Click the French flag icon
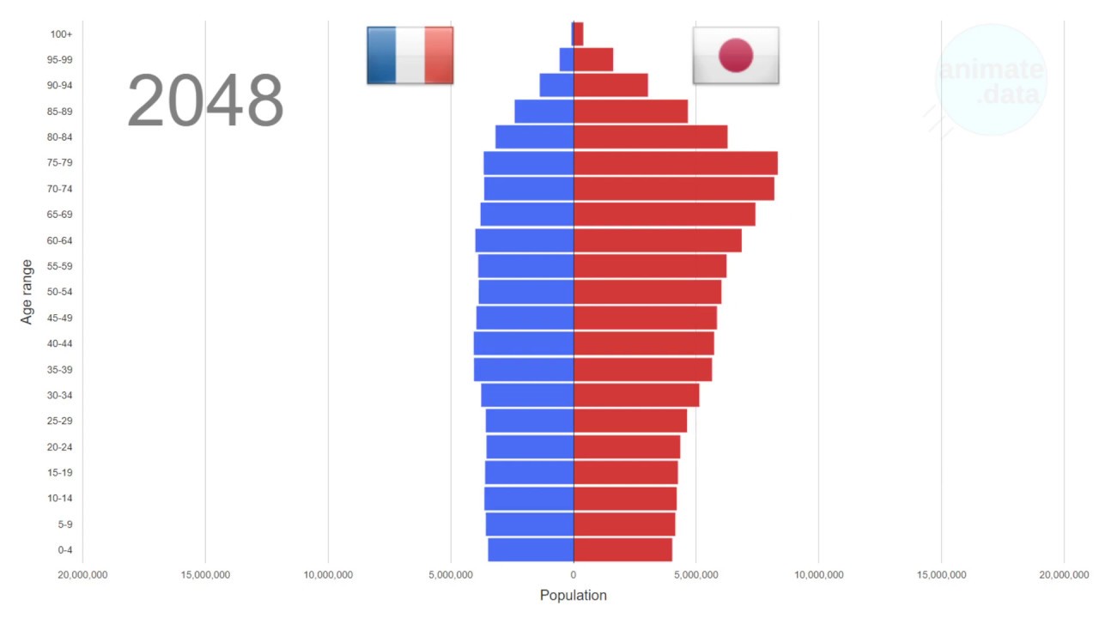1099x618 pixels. [x=410, y=55]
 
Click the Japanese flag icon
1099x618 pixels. [x=736, y=55]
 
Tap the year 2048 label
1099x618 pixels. [x=205, y=101]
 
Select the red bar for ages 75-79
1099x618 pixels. [x=676, y=163]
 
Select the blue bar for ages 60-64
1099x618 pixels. [x=525, y=240]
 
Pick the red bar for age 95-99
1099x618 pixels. [x=593, y=59]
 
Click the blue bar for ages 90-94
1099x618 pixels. [x=556, y=85]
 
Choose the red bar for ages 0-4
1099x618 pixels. [x=622, y=549]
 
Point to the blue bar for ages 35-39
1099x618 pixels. [x=524, y=369]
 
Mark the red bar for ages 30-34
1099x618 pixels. [x=636, y=395]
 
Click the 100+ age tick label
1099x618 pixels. [x=62, y=34]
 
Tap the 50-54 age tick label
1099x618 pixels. [x=60, y=292]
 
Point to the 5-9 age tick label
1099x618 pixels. [x=65, y=524]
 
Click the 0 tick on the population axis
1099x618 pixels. [x=574, y=574]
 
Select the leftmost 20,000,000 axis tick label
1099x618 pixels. [x=83, y=574]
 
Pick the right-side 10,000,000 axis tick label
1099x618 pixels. [x=818, y=574]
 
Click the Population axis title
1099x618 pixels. [x=573, y=595]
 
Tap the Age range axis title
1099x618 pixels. [x=27, y=292]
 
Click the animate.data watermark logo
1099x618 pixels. [x=991, y=81]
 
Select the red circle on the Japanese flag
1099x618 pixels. [x=736, y=55]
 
